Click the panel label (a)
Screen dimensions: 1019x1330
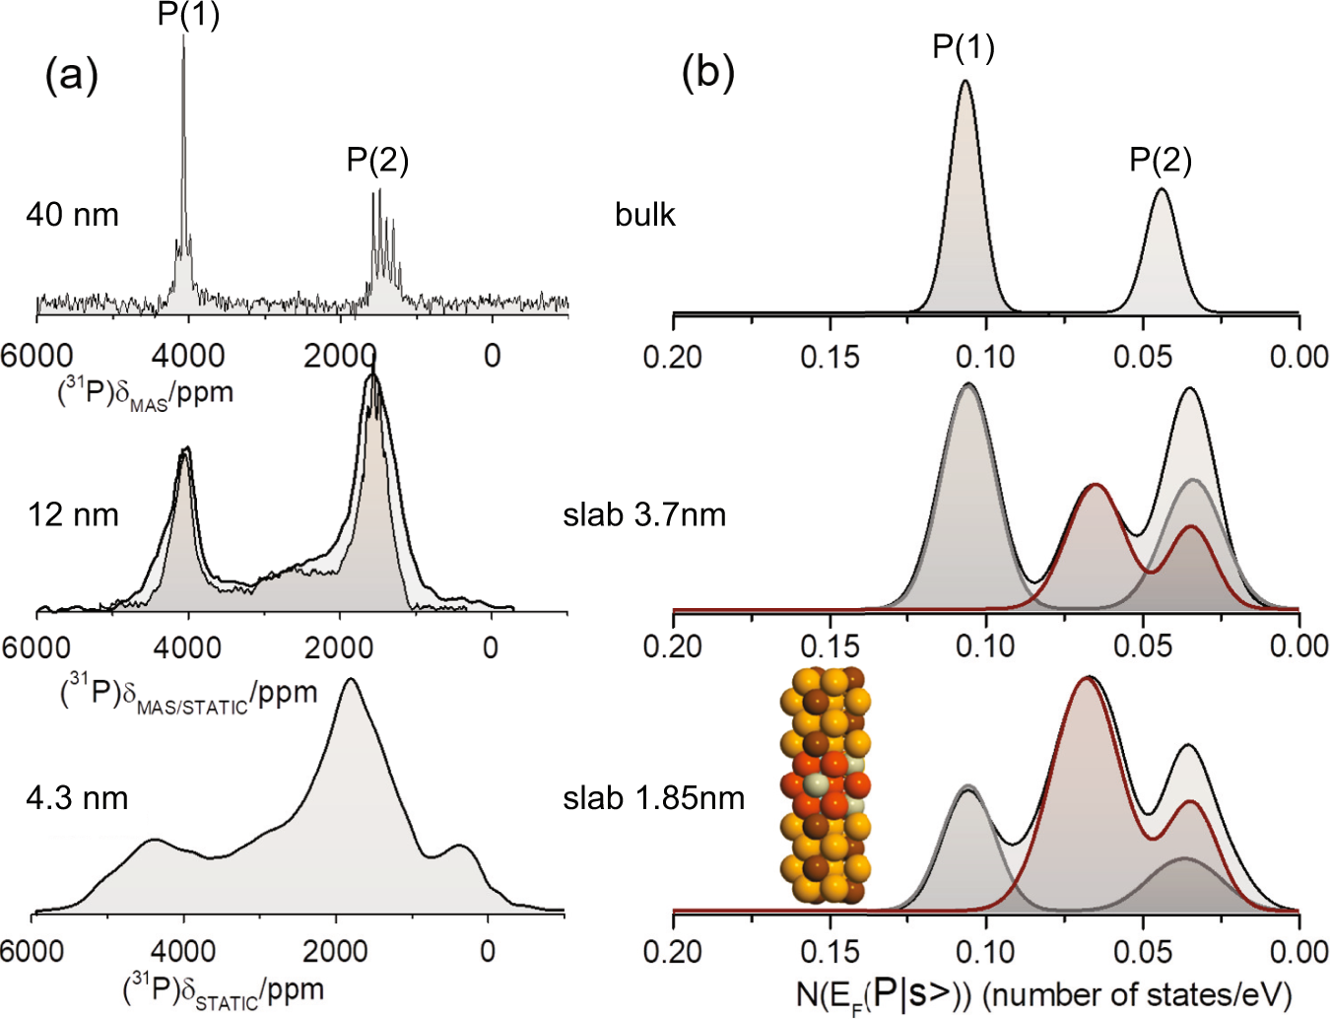pyautogui.click(x=72, y=75)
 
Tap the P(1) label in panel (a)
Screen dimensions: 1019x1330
pyautogui.click(x=188, y=15)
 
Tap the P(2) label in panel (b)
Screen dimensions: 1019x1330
pyautogui.click(x=1160, y=160)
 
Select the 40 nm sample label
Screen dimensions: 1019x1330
pyautogui.click(x=72, y=215)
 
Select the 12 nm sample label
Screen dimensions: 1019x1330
pyautogui.click(x=73, y=514)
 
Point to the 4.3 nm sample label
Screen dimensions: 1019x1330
pyautogui.click(x=77, y=797)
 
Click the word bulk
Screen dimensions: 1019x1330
pyautogui.click(x=644, y=215)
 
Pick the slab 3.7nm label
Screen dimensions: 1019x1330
pyautogui.click(x=644, y=514)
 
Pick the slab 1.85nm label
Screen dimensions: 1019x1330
pyautogui.click(x=653, y=797)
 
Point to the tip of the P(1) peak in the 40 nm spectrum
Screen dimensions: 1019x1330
pyautogui.click(x=183, y=37)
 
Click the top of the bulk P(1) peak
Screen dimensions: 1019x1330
pyautogui.click(x=964, y=82)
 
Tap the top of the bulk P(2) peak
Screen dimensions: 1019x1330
pyautogui.click(x=1162, y=189)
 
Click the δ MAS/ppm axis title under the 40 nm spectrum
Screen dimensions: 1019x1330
pyautogui.click(x=145, y=393)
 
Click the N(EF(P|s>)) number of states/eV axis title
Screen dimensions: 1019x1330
pyautogui.click(x=1043, y=993)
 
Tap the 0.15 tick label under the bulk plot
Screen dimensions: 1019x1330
pyautogui.click(x=830, y=357)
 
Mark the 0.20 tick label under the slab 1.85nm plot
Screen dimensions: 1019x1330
pyautogui.click(x=673, y=952)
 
